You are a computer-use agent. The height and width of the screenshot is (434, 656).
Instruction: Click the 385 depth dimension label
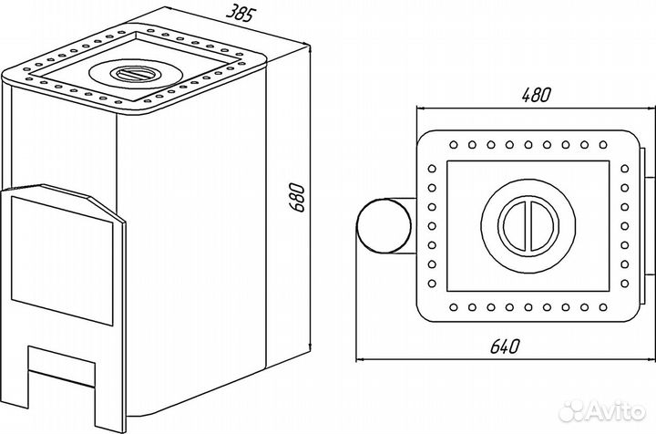pos(241,13)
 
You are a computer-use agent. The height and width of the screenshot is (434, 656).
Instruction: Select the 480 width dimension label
pos(537,95)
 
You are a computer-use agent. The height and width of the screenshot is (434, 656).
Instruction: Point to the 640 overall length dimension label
pos(505,346)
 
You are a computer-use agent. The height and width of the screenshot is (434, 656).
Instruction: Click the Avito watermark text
pos(616,412)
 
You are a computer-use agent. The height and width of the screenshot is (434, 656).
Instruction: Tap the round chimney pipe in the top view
pos(384,226)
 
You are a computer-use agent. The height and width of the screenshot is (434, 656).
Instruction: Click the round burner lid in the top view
pos(528,226)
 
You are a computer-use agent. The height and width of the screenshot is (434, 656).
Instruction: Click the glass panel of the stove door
pos(62,260)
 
